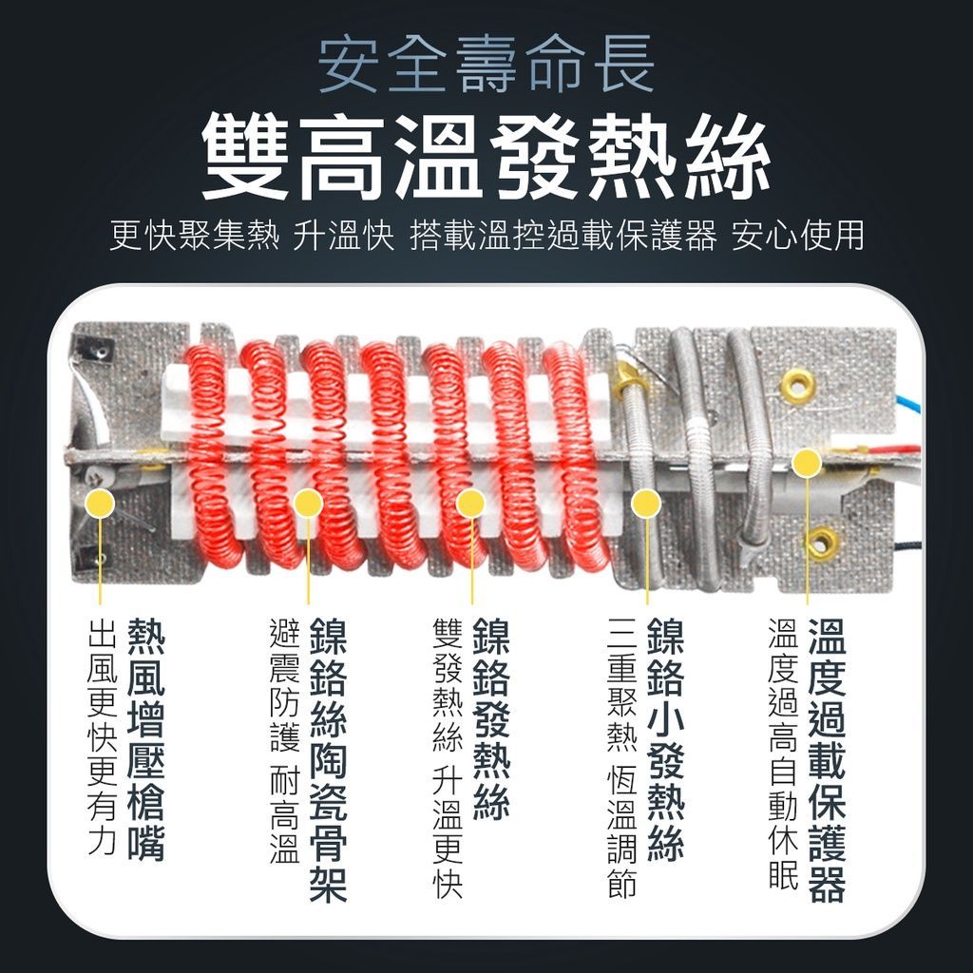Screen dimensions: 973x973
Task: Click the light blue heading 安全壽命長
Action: pyautogui.click(x=486, y=64)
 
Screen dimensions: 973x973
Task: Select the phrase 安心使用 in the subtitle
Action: pyautogui.click(x=798, y=236)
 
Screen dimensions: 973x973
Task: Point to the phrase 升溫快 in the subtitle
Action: pyautogui.click(x=344, y=236)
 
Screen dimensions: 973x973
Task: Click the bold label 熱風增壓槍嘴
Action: pyautogui.click(x=146, y=739)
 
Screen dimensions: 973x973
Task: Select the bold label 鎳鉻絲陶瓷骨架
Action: pyautogui.click(x=328, y=759)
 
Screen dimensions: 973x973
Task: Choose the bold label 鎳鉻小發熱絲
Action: pyautogui.click(x=666, y=739)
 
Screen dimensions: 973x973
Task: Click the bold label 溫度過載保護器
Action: pyautogui.click(x=828, y=759)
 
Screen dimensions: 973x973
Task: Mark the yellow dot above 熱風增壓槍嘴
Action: pyautogui.click(x=101, y=504)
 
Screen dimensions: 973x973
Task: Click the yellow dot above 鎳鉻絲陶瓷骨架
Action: pyautogui.click(x=309, y=504)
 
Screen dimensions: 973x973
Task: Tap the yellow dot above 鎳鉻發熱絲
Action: pyautogui.click(x=470, y=504)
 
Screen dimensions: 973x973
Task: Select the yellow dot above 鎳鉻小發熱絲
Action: pyautogui.click(x=646, y=504)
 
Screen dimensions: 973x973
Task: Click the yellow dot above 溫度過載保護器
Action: pyautogui.click(x=807, y=463)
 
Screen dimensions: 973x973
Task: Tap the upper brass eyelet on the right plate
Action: pyautogui.click(x=798, y=385)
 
